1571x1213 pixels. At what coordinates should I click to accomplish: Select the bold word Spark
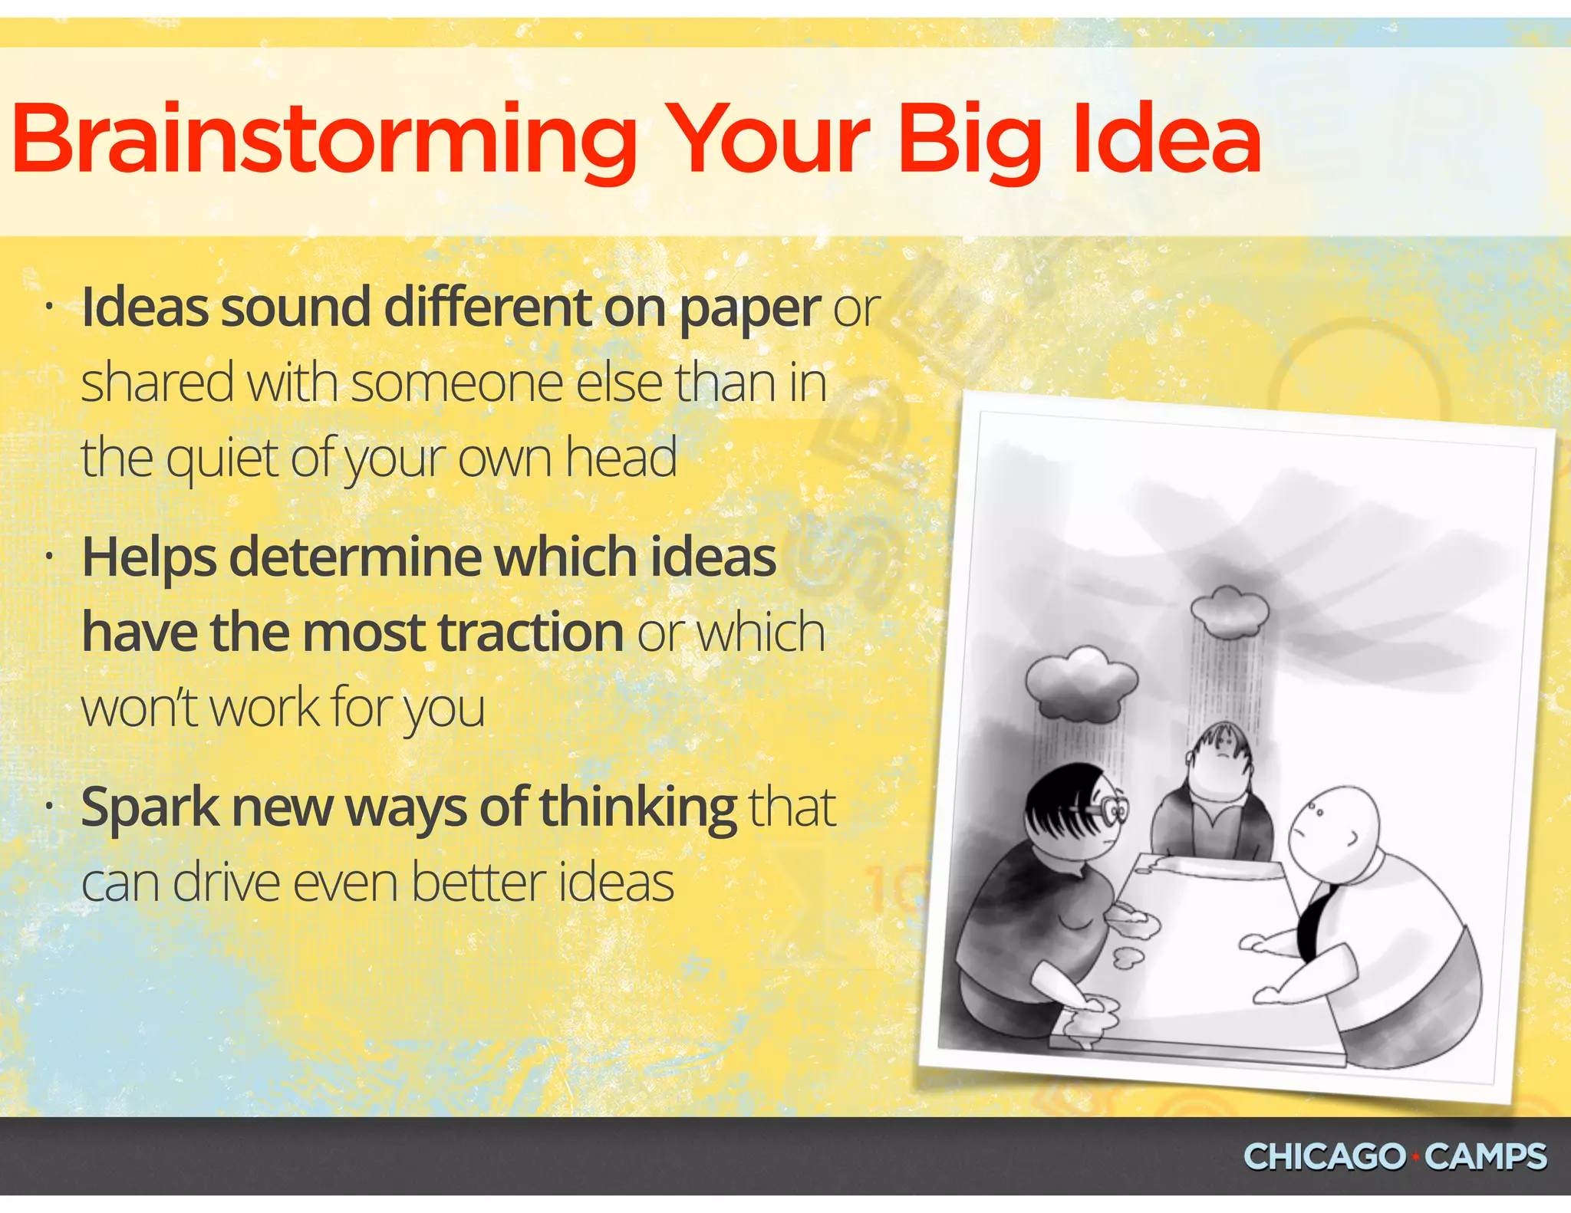pyautogui.click(x=150, y=808)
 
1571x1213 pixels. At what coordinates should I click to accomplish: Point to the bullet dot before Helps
pyautogui.click(x=48, y=557)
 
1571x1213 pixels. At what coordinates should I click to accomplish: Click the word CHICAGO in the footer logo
pyautogui.click(x=1324, y=1157)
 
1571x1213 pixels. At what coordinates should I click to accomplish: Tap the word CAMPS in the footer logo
pyautogui.click(x=1485, y=1157)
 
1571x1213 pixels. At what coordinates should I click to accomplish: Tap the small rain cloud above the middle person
pyautogui.click(x=1229, y=612)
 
